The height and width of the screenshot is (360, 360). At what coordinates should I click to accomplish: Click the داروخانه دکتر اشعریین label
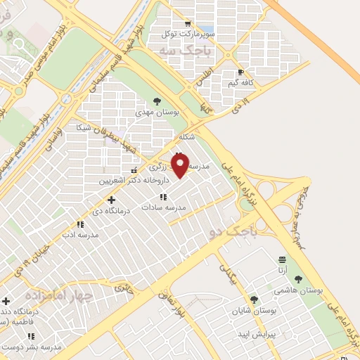[x=125, y=181]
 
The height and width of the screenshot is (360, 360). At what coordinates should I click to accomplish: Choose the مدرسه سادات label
[x=163, y=207]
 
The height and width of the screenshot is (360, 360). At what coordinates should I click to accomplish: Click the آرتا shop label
[x=282, y=269]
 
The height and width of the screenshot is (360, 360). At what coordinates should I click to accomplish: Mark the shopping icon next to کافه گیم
[x=240, y=72]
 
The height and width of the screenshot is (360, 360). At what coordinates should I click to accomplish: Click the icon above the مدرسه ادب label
[x=79, y=224]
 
